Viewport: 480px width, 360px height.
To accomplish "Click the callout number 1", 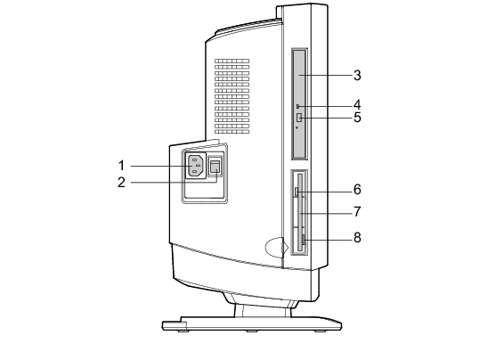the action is [x=121, y=166].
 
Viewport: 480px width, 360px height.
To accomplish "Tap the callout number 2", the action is [x=121, y=183].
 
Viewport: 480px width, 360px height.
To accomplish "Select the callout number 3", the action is [x=357, y=76].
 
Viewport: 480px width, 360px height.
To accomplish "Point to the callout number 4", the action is [x=357, y=105].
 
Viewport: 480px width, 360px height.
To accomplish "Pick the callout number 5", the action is [x=357, y=118].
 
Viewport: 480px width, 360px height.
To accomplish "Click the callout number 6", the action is [x=357, y=190].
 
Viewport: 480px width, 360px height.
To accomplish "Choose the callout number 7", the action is [x=357, y=212].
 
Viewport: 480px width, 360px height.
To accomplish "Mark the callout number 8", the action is [x=357, y=237].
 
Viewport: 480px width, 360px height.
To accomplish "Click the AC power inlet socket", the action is [x=196, y=166].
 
